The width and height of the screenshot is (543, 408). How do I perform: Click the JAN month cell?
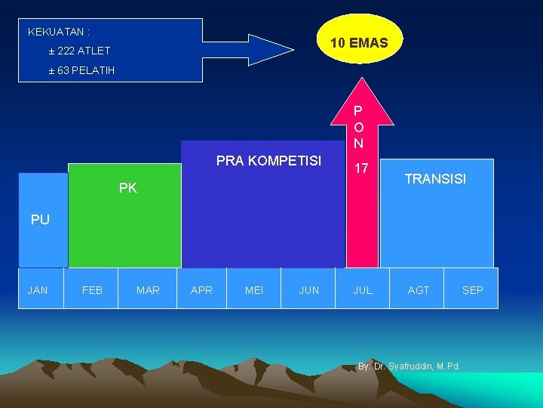point(38,289)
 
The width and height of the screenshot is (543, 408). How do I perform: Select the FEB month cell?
point(92,289)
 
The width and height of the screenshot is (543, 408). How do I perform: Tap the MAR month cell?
point(148,289)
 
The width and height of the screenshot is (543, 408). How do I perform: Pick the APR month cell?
point(201,289)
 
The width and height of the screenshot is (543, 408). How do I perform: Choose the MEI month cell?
point(254,289)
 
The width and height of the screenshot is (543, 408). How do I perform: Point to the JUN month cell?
point(309,289)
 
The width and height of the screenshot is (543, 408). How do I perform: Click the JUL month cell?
point(363,289)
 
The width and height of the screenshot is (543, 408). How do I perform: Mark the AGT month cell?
point(419,289)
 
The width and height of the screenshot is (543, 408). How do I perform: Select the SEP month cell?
point(472,289)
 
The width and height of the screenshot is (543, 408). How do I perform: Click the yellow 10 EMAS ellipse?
point(359,43)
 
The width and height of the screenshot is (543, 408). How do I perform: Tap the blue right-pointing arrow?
point(249,50)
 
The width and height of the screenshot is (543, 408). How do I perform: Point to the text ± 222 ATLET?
point(79,51)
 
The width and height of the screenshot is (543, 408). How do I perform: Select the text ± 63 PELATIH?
point(81,70)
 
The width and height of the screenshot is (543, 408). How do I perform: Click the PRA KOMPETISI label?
point(268,161)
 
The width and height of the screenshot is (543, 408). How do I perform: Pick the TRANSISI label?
point(435,179)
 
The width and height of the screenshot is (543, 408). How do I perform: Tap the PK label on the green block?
point(128,188)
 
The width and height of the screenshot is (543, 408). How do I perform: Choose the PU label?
point(40,220)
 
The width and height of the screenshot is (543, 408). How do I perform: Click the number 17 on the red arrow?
point(362,168)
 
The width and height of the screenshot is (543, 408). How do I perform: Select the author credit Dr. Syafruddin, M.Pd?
point(410,367)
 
